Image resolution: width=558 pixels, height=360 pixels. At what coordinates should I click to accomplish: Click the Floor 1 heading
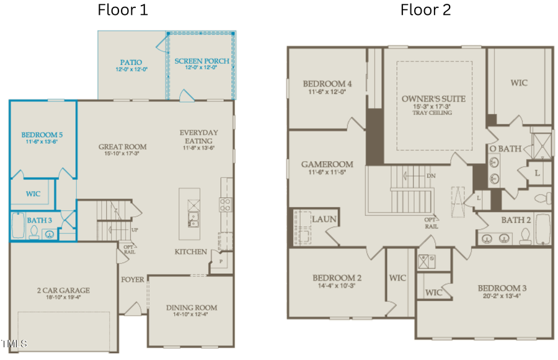pos(123,10)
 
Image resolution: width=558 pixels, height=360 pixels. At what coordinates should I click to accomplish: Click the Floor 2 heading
pos(425,10)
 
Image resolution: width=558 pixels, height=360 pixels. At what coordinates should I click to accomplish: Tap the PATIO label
pos(131,63)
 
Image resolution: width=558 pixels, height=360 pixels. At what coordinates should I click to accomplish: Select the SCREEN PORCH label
pos(201,61)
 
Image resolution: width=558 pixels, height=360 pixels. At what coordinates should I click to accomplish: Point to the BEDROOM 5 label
pos(42,134)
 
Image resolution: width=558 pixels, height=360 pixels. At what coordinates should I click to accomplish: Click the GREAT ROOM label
pos(122,147)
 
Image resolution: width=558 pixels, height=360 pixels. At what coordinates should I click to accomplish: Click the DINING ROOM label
pos(192,307)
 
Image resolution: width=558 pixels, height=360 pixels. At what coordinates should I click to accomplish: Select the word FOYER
pos(133,279)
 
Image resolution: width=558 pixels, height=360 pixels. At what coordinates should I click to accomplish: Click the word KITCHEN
pos(190,252)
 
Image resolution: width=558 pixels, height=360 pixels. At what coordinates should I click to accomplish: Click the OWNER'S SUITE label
pos(433,99)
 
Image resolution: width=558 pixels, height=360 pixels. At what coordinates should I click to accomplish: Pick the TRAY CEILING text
pos(433,113)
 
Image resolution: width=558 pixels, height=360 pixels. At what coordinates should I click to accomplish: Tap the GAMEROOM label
pos(327,164)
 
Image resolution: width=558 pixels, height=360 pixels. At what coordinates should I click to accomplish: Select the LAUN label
pos(324,219)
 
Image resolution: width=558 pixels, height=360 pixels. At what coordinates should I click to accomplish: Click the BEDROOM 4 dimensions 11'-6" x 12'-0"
pos(327,92)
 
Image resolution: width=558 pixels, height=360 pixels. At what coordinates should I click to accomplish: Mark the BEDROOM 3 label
pos(502,288)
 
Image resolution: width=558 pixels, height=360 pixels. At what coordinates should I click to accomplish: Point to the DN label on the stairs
pos(431,175)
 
